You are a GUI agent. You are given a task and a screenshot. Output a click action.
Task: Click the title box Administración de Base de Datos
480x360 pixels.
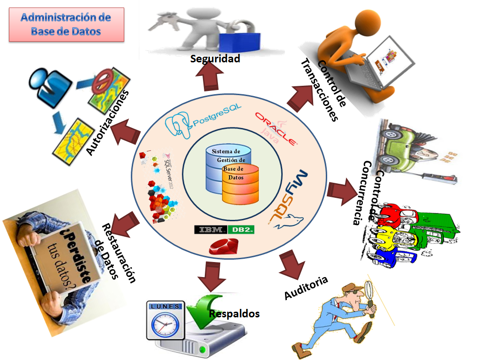[66, 24]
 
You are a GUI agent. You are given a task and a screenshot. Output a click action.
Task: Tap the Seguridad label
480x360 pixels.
[215, 59]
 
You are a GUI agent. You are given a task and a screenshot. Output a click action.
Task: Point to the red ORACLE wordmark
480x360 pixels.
[276, 128]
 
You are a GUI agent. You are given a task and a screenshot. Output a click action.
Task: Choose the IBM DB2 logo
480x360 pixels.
[225, 230]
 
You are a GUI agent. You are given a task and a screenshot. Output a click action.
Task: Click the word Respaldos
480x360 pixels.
[234, 314]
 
